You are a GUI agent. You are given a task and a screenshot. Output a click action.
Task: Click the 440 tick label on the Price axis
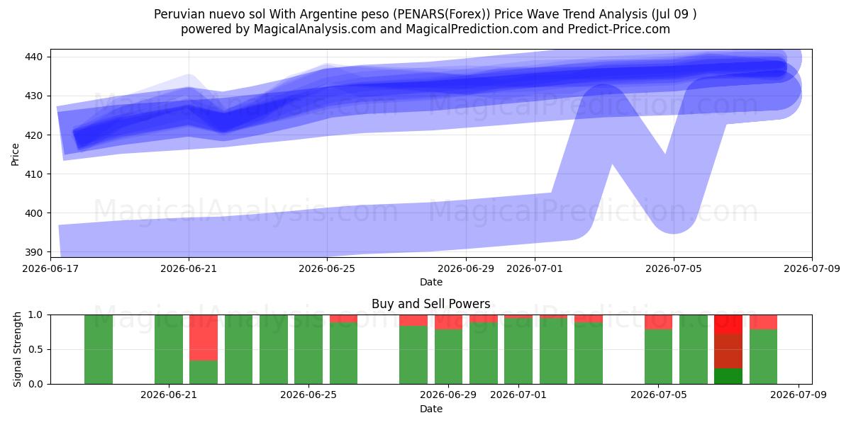pyautogui.click(x=33, y=57)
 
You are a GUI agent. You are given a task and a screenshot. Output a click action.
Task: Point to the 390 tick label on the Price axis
pyautogui.click(x=33, y=252)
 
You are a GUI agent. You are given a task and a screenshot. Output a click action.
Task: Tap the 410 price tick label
pyautogui.click(x=33, y=174)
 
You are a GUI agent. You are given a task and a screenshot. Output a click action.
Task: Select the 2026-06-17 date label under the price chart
pyautogui.click(x=50, y=268)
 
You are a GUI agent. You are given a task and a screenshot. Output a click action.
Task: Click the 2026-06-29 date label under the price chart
pyautogui.click(x=466, y=268)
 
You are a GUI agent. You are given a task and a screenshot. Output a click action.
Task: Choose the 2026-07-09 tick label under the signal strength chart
pyautogui.click(x=799, y=395)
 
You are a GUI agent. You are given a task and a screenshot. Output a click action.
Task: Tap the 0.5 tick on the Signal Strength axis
pyautogui.click(x=35, y=349)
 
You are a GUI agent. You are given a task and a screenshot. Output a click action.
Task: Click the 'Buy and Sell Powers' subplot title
pyautogui.click(x=431, y=304)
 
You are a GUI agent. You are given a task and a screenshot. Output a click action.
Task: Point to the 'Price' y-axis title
pyautogui.click(x=15, y=154)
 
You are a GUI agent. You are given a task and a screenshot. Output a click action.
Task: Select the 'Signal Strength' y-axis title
pyautogui.click(x=17, y=349)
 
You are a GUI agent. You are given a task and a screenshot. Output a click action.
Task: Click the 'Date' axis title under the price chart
pyautogui.click(x=431, y=283)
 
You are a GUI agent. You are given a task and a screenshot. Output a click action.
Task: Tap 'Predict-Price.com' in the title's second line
pyautogui.click(x=619, y=29)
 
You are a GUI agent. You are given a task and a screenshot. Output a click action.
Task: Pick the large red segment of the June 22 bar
pyautogui.click(x=204, y=338)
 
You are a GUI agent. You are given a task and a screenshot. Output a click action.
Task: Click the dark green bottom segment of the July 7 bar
pyautogui.click(x=728, y=376)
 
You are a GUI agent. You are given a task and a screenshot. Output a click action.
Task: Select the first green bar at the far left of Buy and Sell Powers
pyautogui.click(x=99, y=349)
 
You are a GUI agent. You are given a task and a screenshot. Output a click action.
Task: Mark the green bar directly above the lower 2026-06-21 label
pyautogui.click(x=169, y=349)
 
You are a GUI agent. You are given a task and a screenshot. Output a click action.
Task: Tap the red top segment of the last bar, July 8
pyautogui.click(x=763, y=322)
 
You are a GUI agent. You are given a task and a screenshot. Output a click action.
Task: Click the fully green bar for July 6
pyautogui.click(x=694, y=349)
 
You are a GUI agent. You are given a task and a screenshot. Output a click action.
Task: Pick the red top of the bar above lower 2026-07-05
pyautogui.click(x=658, y=322)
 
